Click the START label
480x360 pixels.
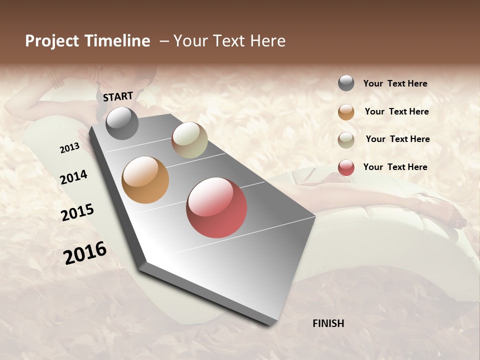coord(118,96)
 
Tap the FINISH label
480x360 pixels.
coord(328,323)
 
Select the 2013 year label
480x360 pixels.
coord(70,148)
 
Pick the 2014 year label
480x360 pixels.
coord(74,177)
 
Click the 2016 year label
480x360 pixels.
coord(85,253)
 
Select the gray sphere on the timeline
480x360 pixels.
coord(122,123)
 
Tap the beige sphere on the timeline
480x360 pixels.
coord(189,140)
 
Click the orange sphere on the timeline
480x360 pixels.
coord(145,180)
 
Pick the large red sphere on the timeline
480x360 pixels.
coord(216,207)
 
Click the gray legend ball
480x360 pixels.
coord(346,83)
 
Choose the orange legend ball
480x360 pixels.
coord(346,112)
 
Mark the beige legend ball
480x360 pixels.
coord(346,140)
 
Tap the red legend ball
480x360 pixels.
coord(346,167)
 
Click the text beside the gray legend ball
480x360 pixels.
coord(395,83)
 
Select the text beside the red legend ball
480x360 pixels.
coord(395,167)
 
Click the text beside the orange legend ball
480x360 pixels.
coord(396,111)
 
